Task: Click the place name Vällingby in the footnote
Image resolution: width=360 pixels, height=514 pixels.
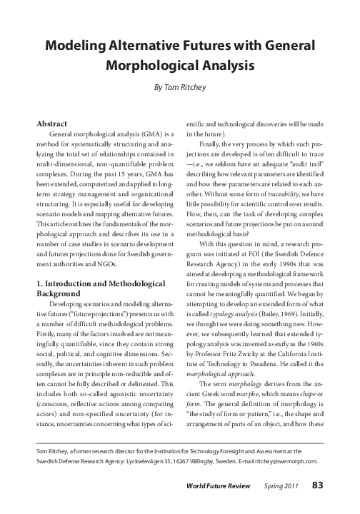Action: (202, 461)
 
